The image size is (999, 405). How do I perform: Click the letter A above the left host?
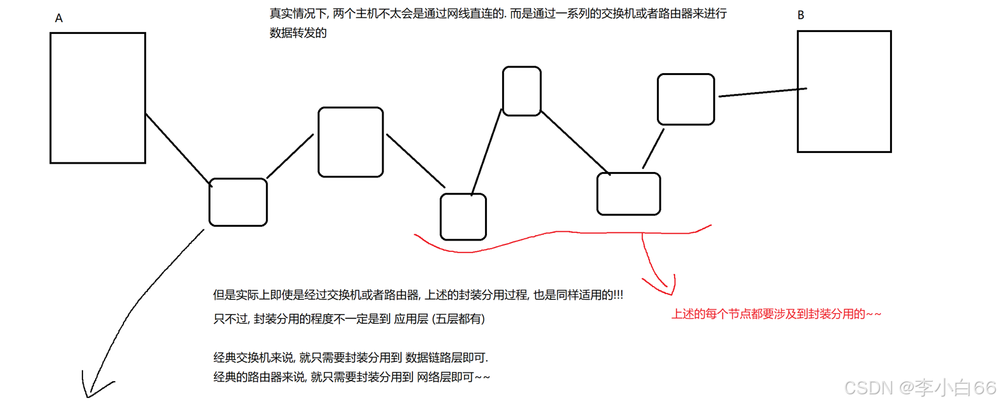[59, 18]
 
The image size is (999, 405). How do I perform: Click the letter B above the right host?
[801, 15]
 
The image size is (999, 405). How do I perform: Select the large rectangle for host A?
[98, 98]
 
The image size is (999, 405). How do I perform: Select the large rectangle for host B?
[844, 92]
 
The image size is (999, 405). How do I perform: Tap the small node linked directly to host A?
[238, 202]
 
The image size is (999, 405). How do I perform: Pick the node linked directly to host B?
[686, 100]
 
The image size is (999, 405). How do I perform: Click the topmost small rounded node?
[522, 91]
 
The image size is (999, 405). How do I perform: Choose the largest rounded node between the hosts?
[351, 142]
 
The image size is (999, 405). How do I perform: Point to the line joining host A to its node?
[178, 149]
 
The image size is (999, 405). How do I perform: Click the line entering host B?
[762, 93]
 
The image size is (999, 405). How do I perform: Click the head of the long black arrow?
[88, 394]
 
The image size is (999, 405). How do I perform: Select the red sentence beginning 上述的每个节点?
[776, 314]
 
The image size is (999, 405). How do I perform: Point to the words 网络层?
[434, 377]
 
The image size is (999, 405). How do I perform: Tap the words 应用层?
[411, 319]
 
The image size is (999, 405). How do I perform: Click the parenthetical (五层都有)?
[459, 319]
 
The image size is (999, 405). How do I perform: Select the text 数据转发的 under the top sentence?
[298, 33]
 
